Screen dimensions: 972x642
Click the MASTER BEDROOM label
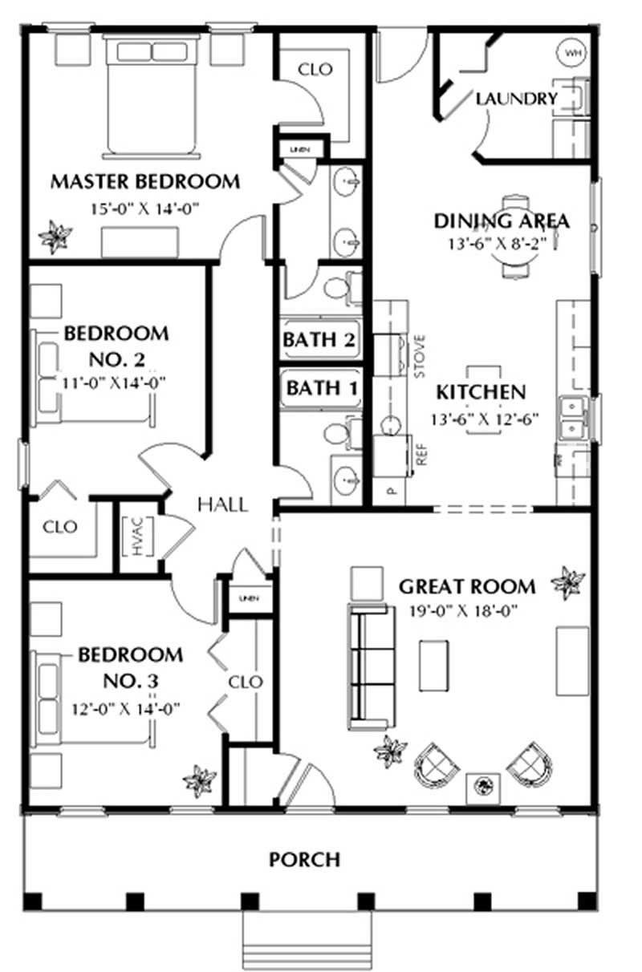(145, 181)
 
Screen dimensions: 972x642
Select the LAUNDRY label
(516, 99)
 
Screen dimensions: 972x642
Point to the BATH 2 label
(319, 339)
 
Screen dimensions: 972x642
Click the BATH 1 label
(319, 388)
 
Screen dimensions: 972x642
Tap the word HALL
(222, 504)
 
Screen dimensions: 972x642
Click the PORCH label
(304, 860)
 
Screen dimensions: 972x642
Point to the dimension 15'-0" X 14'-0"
(144, 209)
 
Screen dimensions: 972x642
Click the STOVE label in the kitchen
(418, 358)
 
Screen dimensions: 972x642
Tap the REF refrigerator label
(418, 454)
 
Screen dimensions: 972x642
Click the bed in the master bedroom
(151, 96)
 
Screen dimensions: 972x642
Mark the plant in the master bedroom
(55, 237)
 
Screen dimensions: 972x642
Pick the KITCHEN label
(481, 392)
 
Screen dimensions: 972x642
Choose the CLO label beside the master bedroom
(315, 70)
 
